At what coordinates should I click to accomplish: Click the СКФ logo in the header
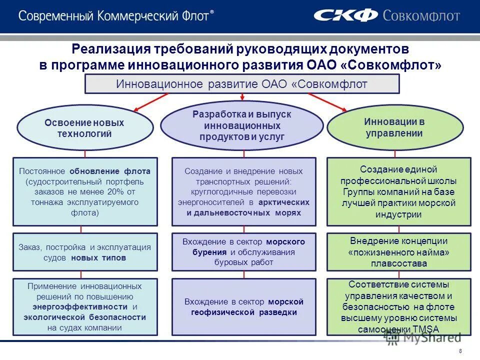coord(345,15)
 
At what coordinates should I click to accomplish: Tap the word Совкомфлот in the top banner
coord(421,15)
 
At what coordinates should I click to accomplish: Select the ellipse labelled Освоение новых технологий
coord(85,128)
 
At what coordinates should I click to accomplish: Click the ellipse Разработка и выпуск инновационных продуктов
coord(242,125)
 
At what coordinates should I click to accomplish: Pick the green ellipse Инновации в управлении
coord(394,127)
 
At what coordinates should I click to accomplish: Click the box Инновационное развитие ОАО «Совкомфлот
coord(242,84)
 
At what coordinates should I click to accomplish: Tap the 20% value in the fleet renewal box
coord(113,192)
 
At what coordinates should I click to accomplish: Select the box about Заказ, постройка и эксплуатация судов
coord(85,252)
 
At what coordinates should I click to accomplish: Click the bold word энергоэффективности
coord(69,307)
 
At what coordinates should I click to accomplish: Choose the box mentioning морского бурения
coord(243,252)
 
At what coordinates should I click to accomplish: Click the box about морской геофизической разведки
coord(243,307)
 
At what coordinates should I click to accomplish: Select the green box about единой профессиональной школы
coord(398,191)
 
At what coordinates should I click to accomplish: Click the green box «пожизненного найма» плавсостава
coord(398,252)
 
